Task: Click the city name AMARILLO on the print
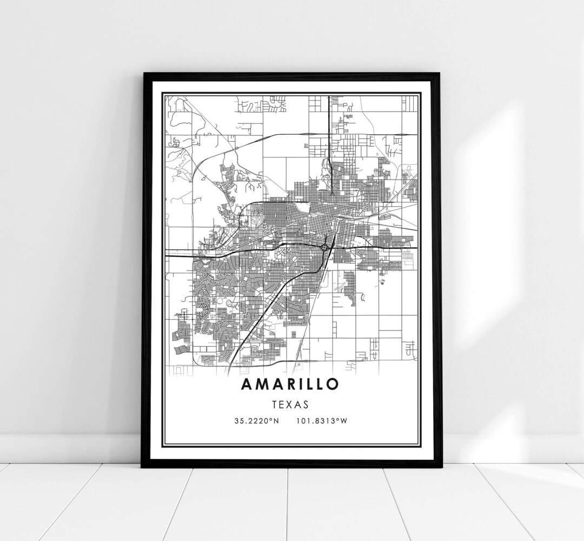(291, 384)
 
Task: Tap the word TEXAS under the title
(291, 404)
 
